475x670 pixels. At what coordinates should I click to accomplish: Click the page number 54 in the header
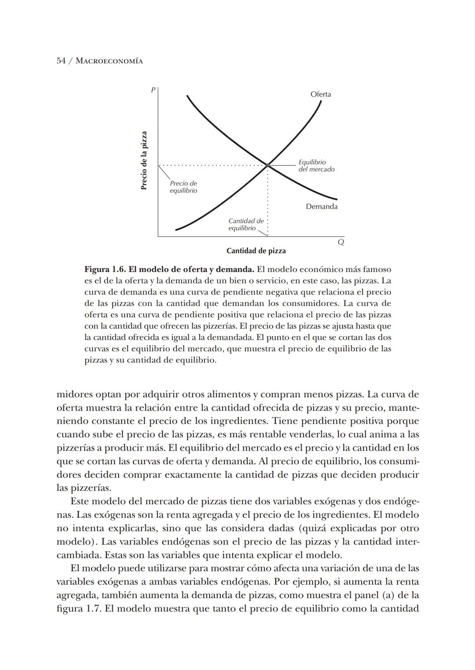tap(62, 61)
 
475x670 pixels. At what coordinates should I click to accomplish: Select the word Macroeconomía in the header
tap(109, 61)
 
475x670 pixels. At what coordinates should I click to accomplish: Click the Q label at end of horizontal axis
tap(340, 242)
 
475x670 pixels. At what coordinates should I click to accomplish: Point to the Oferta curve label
tap(321, 94)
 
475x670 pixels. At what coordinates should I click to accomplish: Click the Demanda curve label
tap(322, 207)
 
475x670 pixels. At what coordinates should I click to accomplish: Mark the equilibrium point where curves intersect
tap(267, 165)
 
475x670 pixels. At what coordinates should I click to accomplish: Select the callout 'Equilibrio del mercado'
tap(316, 166)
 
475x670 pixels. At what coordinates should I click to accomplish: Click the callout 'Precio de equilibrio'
tap(183, 187)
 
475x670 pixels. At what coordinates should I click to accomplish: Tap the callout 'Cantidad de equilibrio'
tap(245, 224)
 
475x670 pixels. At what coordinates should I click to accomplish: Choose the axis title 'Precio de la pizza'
tap(144, 161)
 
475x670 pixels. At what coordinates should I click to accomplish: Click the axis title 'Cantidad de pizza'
tap(256, 251)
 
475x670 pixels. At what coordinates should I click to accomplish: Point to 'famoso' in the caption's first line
tap(376, 269)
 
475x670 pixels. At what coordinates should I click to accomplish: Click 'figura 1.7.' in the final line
tap(79, 609)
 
